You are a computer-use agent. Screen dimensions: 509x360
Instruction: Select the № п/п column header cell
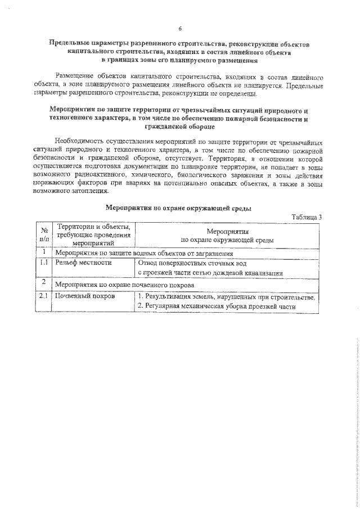[44, 235]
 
